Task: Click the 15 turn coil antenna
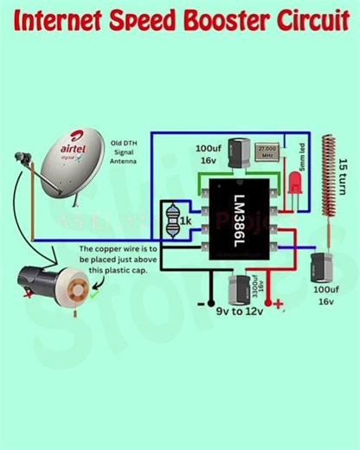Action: pos(327,186)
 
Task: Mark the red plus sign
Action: pos(278,303)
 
